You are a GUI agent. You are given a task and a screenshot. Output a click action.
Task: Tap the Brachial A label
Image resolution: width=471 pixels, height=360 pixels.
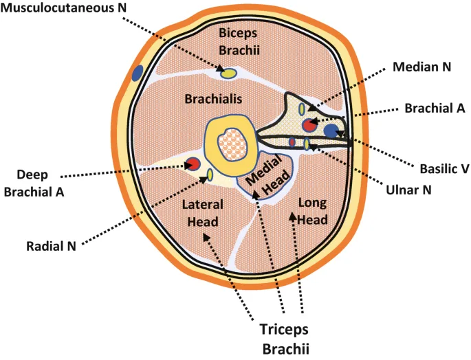coord(435,108)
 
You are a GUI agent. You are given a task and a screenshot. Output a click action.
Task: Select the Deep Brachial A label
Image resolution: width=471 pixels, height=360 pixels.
coord(34,183)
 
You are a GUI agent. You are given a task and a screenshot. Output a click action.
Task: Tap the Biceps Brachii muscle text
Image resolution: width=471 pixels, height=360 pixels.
coord(237,41)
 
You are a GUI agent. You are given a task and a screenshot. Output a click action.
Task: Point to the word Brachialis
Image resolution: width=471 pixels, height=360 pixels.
coord(213,100)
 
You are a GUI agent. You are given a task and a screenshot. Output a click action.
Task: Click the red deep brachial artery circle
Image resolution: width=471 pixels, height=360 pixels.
coord(193,164)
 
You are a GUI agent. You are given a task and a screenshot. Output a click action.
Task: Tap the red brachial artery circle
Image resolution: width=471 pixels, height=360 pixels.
coord(309,125)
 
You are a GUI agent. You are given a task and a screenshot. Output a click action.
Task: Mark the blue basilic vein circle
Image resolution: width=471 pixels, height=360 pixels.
coord(331,130)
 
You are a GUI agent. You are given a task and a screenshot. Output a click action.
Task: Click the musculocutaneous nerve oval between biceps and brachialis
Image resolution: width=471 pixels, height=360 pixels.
coord(228,71)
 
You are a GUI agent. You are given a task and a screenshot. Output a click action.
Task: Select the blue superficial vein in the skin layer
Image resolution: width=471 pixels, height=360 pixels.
coord(138,71)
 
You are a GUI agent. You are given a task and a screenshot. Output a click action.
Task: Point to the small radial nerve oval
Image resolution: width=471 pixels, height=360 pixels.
coord(210,175)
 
